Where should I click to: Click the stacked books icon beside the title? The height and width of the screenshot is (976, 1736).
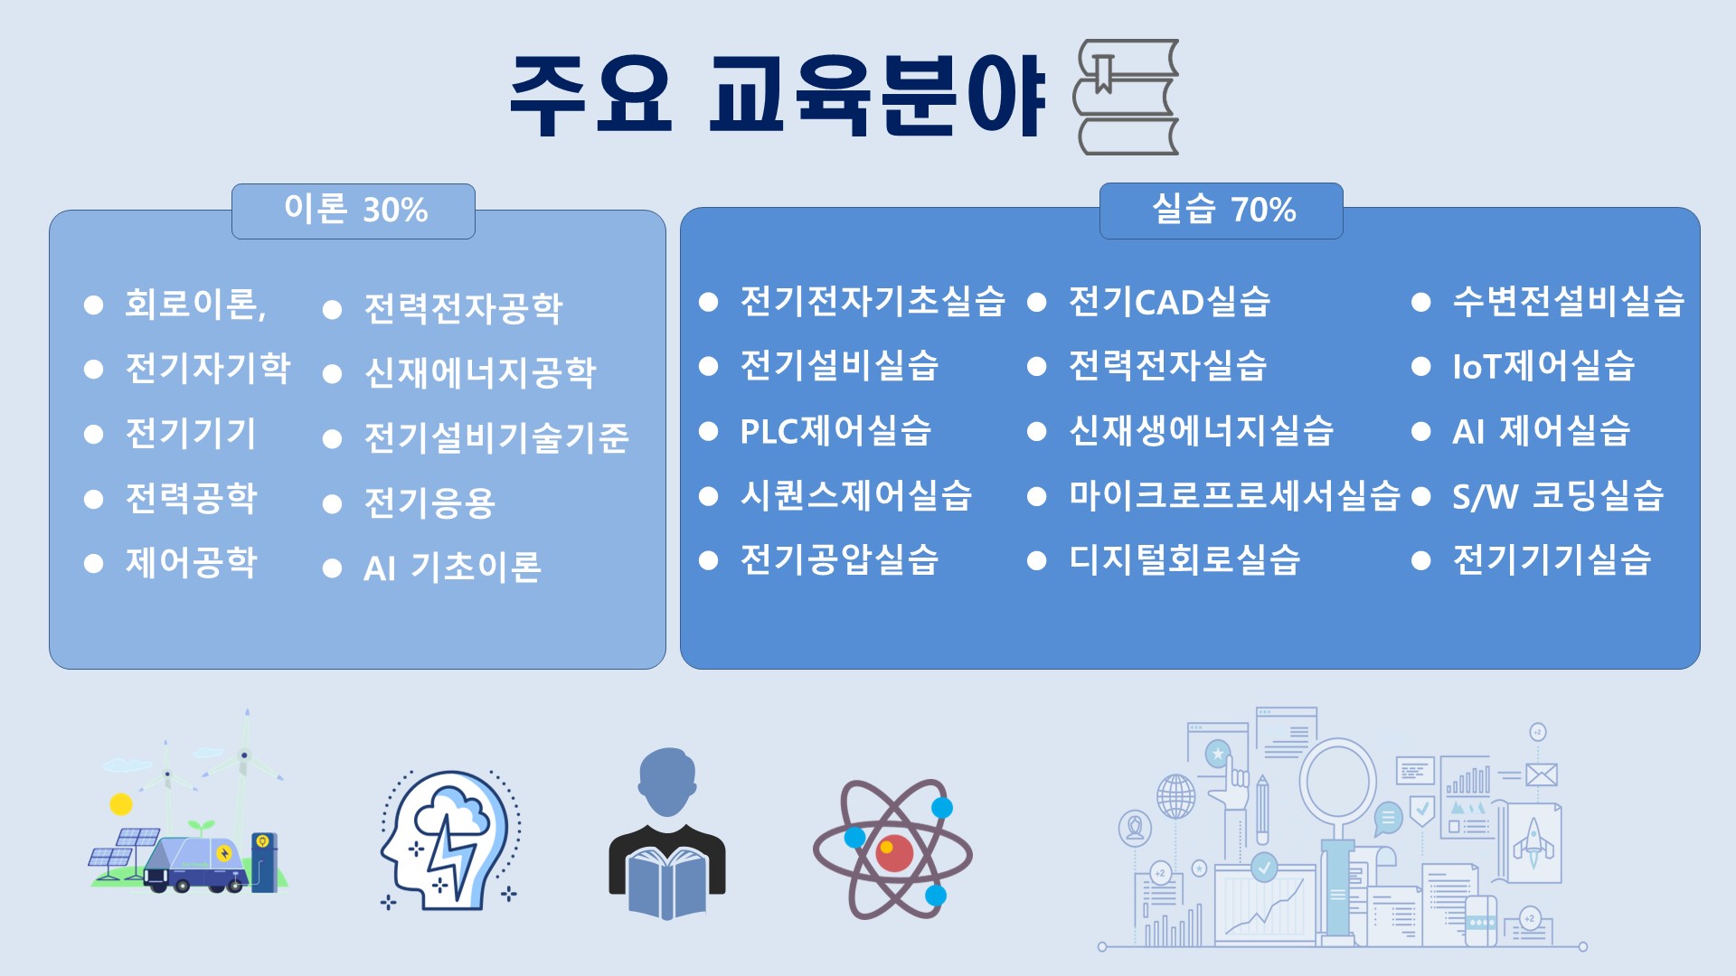[1126, 97]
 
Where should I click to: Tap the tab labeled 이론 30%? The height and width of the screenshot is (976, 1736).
[354, 211]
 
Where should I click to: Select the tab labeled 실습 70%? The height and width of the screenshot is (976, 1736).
[1221, 211]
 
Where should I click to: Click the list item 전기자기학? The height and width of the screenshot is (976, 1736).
[208, 368]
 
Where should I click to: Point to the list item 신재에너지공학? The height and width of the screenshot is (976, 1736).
[480, 372]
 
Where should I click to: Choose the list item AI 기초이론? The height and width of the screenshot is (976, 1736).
[452, 568]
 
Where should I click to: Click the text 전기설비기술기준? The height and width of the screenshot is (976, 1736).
[496, 437]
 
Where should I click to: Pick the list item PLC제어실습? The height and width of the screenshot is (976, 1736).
[835, 431]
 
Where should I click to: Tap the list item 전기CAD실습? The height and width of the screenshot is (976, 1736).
[1169, 302]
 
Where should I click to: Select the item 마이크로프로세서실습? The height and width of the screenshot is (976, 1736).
[1234, 495]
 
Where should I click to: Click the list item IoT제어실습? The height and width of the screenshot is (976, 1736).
[1543, 366]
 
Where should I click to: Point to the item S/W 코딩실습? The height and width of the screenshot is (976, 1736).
[1558, 495]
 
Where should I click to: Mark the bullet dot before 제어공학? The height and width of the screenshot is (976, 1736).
[93, 564]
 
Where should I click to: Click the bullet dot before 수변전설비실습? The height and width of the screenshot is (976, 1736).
[1420, 302]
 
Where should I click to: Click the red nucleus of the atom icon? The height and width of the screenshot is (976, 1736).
[893, 851]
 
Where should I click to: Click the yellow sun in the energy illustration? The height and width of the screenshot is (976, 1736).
[121, 804]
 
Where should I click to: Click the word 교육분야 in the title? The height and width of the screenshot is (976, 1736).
[877, 96]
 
